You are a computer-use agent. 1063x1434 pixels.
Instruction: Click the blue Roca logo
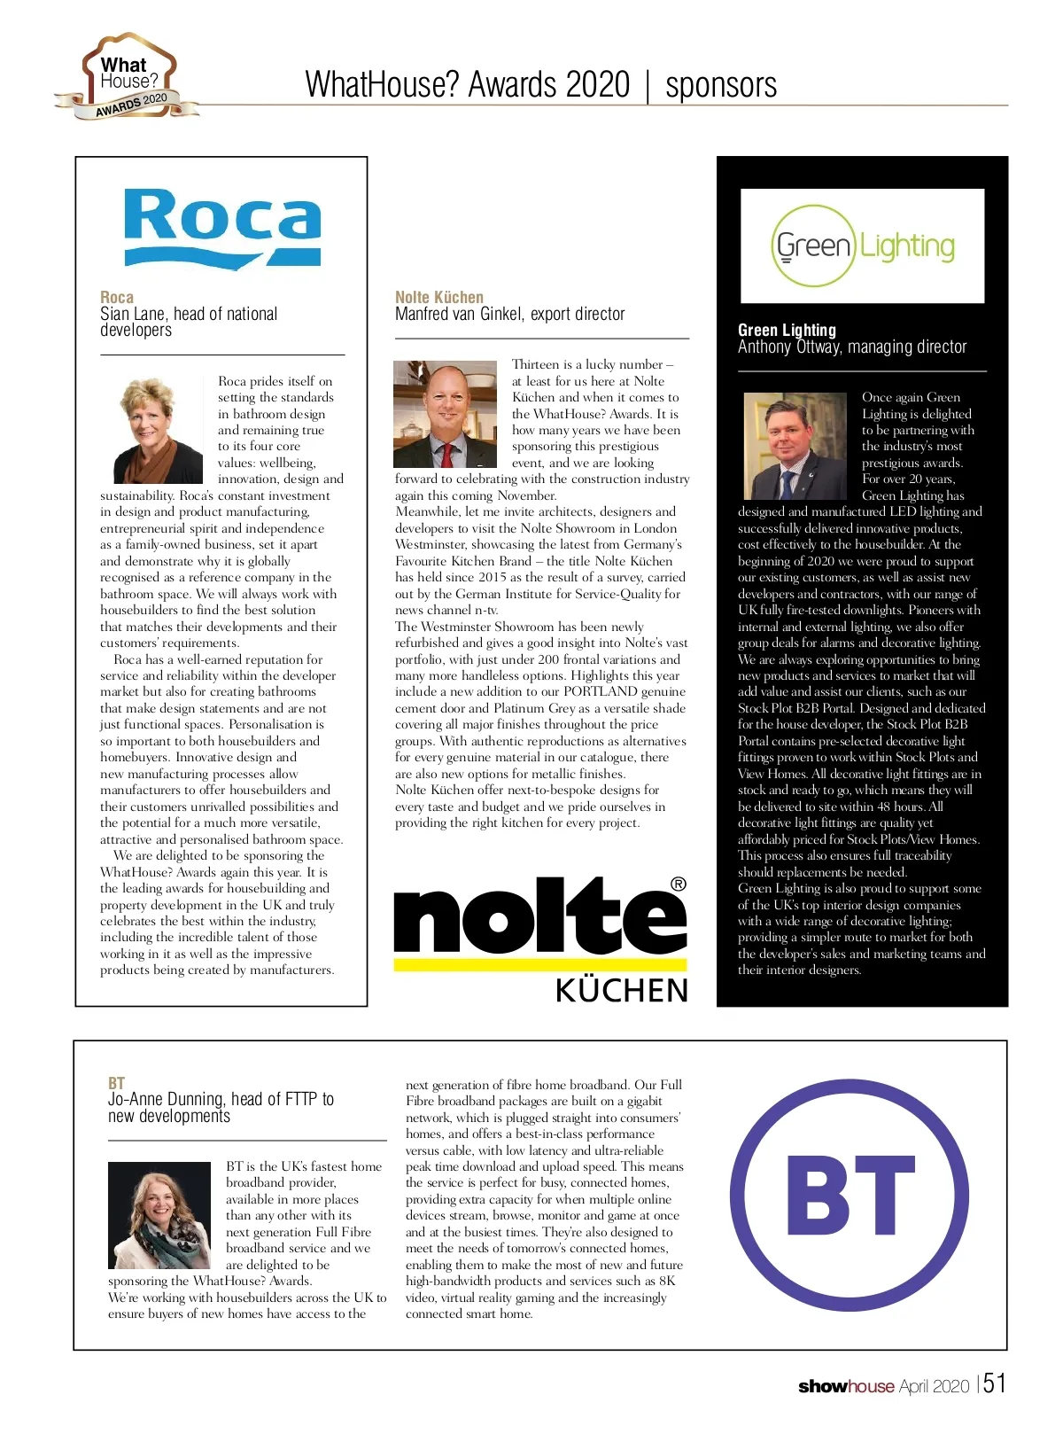tap(222, 228)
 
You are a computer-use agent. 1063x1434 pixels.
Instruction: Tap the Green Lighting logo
tap(863, 246)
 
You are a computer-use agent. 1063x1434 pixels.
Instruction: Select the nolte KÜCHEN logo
tap(540, 940)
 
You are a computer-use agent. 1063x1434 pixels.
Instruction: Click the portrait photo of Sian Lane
tap(159, 428)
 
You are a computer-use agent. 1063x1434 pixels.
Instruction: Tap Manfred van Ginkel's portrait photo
tap(446, 413)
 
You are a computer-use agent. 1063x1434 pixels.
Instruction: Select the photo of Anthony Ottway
tap(795, 446)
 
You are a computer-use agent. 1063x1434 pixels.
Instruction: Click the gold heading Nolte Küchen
tap(439, 297)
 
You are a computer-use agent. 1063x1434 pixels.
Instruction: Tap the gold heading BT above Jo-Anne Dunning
tap(116, 1083)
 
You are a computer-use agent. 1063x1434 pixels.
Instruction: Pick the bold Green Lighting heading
tap(787, 330)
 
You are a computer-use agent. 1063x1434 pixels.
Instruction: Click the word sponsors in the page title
tap(721, 85)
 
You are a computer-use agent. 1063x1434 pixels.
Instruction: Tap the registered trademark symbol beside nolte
tap(679, 884)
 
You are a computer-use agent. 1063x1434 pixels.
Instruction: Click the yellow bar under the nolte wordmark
tap(540, 963)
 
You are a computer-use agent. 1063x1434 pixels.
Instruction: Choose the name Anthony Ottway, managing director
tap(852, 347)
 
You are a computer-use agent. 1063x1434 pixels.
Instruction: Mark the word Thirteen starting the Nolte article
tap(535, 364)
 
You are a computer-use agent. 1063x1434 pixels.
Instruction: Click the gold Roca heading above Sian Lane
tap(117, 297)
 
